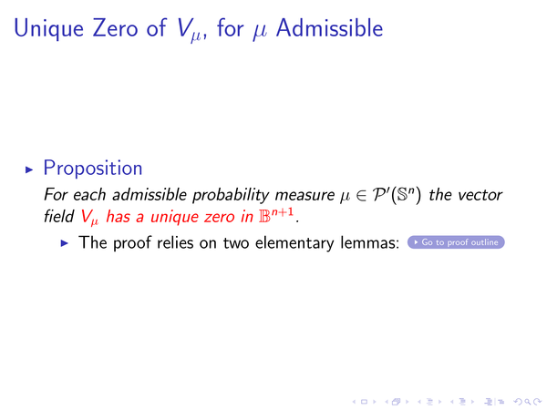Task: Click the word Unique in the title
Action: click(x=48, y=28)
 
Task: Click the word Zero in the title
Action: click(x=115, y=28)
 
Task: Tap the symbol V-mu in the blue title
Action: click(x=189, y=30)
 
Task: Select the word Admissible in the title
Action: click(x=329, y=28)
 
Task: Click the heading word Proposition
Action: click(x=93, y=169)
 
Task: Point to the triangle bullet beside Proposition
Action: click(x=29, y=169)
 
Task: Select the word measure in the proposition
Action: click(x=304, y=195)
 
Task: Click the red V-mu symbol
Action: click(x=89, y=217)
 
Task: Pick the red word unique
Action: click(x=175, y=217)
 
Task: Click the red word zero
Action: click(x=220, y=217)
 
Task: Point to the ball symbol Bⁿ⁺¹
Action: click(x=276, y=215)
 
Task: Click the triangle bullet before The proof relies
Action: click(x=65, y=243)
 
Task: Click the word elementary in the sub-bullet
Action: click(x=294, y=243)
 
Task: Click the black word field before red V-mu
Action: click(x=58, y=216)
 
